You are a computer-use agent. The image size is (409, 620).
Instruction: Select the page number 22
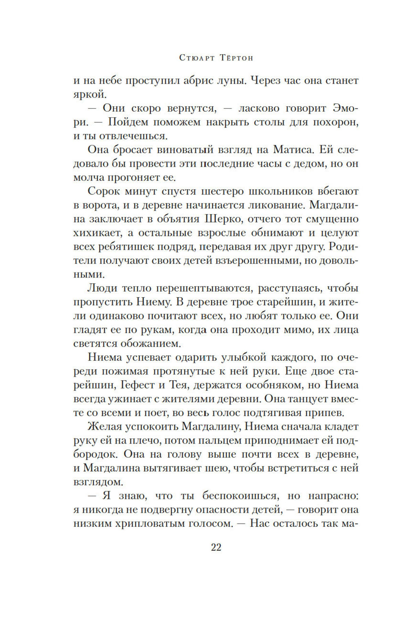pyautogui.click(x=216, y=548)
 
